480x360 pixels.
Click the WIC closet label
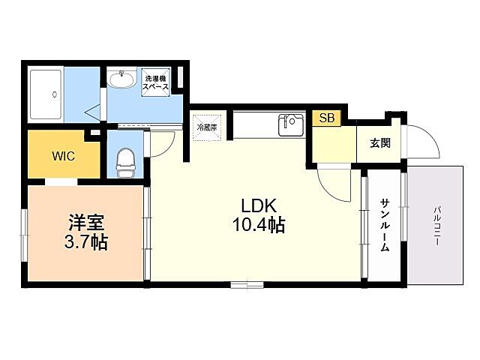pyautogui.click(x=63, y=157)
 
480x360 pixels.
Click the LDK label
pyautogui.click(x=259, y=205)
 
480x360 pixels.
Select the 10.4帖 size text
pyautogui.click(x=259, y=224)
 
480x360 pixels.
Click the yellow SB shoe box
pyautogui.click(x=326, y=118)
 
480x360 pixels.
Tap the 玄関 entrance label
pyautogui.click(x=379, y=143)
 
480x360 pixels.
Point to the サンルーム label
pyautogui.click(x=384, y=225)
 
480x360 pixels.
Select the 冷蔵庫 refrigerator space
pyautogui.click(x=206, y=127)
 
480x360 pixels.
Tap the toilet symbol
pyautogui.click(x=125, y=160)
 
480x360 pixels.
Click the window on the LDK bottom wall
pyautogui.click(x=247, y=284)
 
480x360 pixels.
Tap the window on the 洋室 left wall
pyautogui.click(x=24, y=233)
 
